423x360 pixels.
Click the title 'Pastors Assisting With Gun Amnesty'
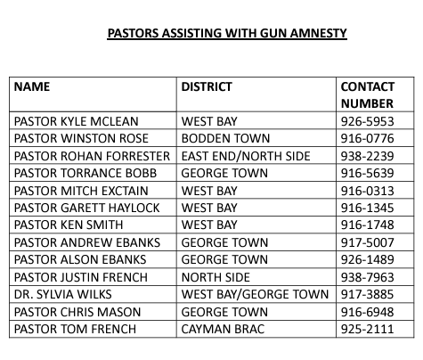pyautogui.click(x=227, y=35)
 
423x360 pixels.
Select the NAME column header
pyautogui.click(x=32, y=87)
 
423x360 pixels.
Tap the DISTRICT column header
pyautogui.click(x=207, y=87)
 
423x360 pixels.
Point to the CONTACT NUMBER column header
pyautogui.click(x=367, y=95)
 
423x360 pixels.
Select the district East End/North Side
pyautogui.click(x=246, y=156)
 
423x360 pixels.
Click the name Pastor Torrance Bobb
pyautogui.click(x=77, y=173)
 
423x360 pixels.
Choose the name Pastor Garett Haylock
pyautogui.click(x=83, y=208)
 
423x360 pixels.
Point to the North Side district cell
pyautogui.click(x=216, y=277)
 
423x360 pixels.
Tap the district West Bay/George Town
pyautogui.click(x=255, y=295)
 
